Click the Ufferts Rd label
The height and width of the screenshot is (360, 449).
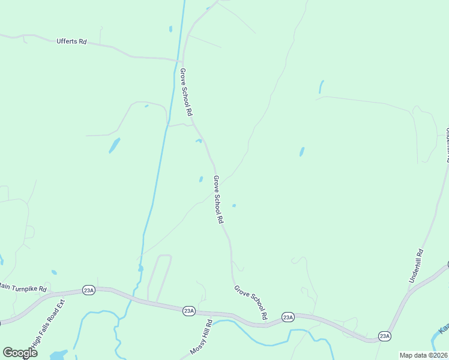point(71,42)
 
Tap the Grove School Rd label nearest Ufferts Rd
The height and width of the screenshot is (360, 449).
point(186,92)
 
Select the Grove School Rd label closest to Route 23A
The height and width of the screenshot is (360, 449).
point(250,302)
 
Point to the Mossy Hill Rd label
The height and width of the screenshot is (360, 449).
point(201,337)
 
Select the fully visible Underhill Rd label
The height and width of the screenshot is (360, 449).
point(416,266)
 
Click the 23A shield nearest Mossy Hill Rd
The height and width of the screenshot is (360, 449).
point(188,310)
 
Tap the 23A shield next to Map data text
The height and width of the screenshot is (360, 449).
point(385,336)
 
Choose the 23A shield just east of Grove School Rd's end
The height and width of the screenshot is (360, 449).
point(288,317)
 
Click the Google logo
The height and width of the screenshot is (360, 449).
point(20,352)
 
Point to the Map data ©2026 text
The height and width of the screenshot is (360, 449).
point(423,355)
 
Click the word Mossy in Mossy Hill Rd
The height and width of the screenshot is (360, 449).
point(196,346)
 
